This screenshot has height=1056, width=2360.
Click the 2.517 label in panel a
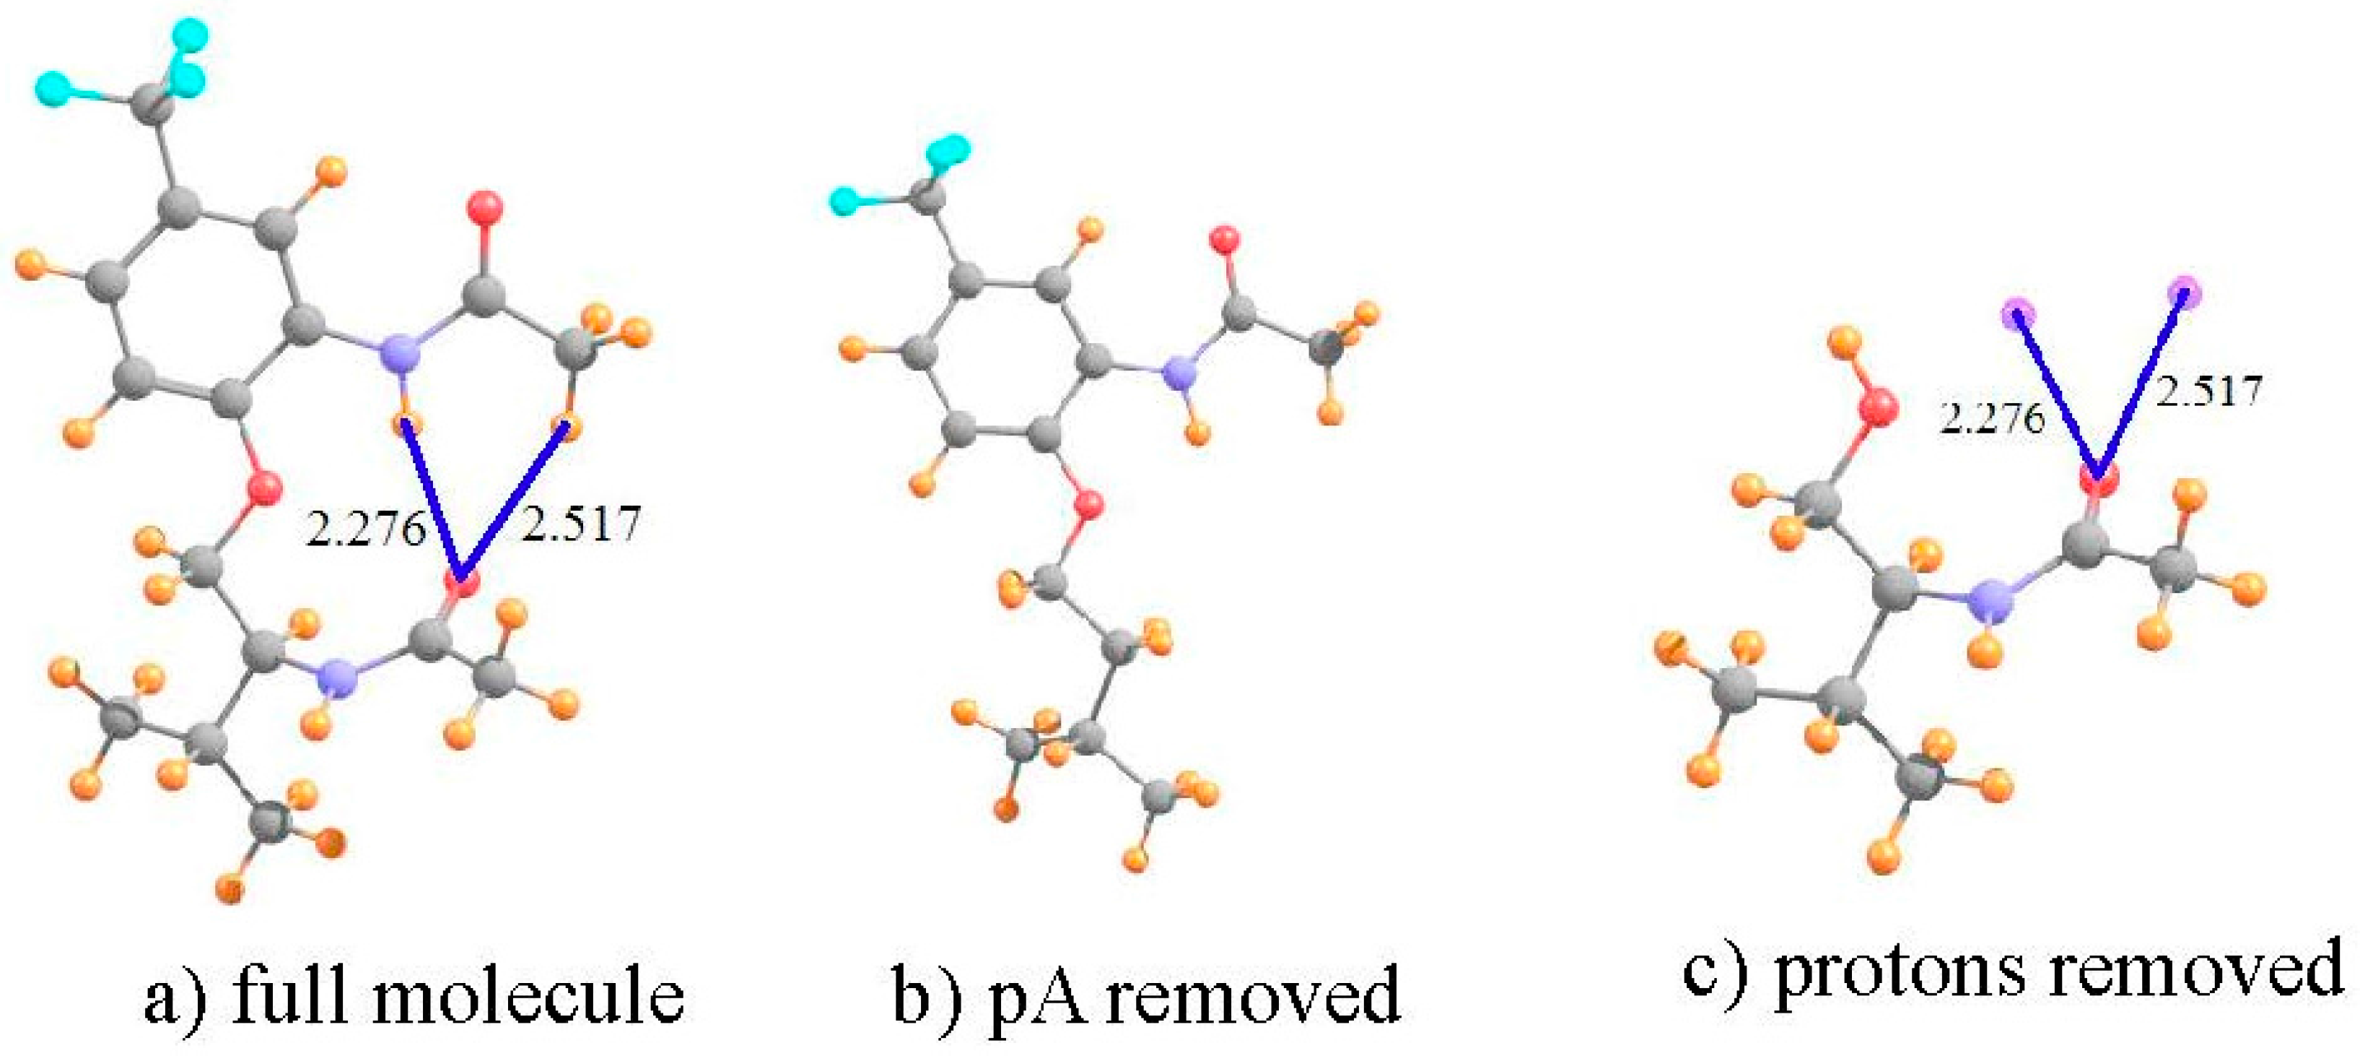581,525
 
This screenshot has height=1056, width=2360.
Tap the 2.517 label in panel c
2208,391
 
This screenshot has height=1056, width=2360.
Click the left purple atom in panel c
2017,314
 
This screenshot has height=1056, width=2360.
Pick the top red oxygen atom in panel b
1224,241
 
